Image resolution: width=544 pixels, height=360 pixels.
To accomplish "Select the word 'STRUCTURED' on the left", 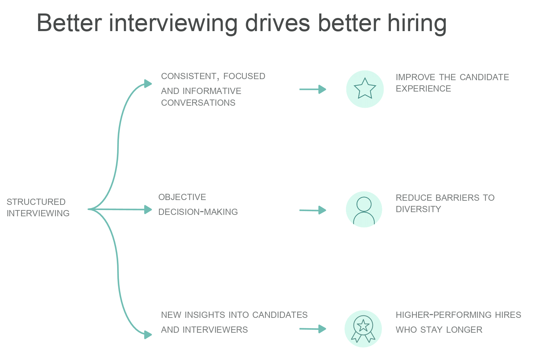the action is coord(36,202).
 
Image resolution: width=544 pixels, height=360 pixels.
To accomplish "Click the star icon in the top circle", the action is coord(365,88).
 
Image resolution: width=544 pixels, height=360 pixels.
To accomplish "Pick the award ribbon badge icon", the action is coord(363,329).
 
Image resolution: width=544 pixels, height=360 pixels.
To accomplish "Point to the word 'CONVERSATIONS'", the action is coord(198,103).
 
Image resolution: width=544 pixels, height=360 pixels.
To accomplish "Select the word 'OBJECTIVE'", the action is coord(182,197).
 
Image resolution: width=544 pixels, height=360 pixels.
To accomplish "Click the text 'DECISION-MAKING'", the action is coord(198,212).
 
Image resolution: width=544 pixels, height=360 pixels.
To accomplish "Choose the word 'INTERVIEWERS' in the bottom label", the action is coord(215,330).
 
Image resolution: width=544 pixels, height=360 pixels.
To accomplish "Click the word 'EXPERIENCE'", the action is coord(423,89).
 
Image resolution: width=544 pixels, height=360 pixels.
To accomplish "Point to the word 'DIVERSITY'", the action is coord(418,209).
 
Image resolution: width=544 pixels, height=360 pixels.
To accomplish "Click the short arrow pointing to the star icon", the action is coord(313,89).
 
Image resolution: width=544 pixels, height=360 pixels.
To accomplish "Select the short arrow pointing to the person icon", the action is coord(313,210).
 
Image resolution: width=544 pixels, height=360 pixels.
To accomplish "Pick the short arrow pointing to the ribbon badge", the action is coord(313,329).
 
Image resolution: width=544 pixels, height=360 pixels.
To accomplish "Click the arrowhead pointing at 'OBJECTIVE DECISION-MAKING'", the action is coord(148,210).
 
